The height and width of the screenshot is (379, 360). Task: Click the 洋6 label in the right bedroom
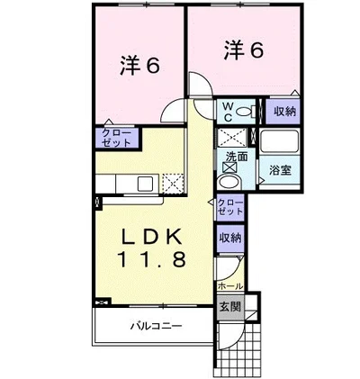click(243, 50)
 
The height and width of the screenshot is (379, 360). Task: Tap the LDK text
click(152, 237)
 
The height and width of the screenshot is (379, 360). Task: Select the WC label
click(229, 113)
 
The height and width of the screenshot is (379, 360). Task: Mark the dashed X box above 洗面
click(230, 138)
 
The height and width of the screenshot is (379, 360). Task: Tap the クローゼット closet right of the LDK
click(229, 207)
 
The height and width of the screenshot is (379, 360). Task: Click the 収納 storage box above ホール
click(229, 239)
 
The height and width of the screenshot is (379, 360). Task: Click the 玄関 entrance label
click(230, 306)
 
